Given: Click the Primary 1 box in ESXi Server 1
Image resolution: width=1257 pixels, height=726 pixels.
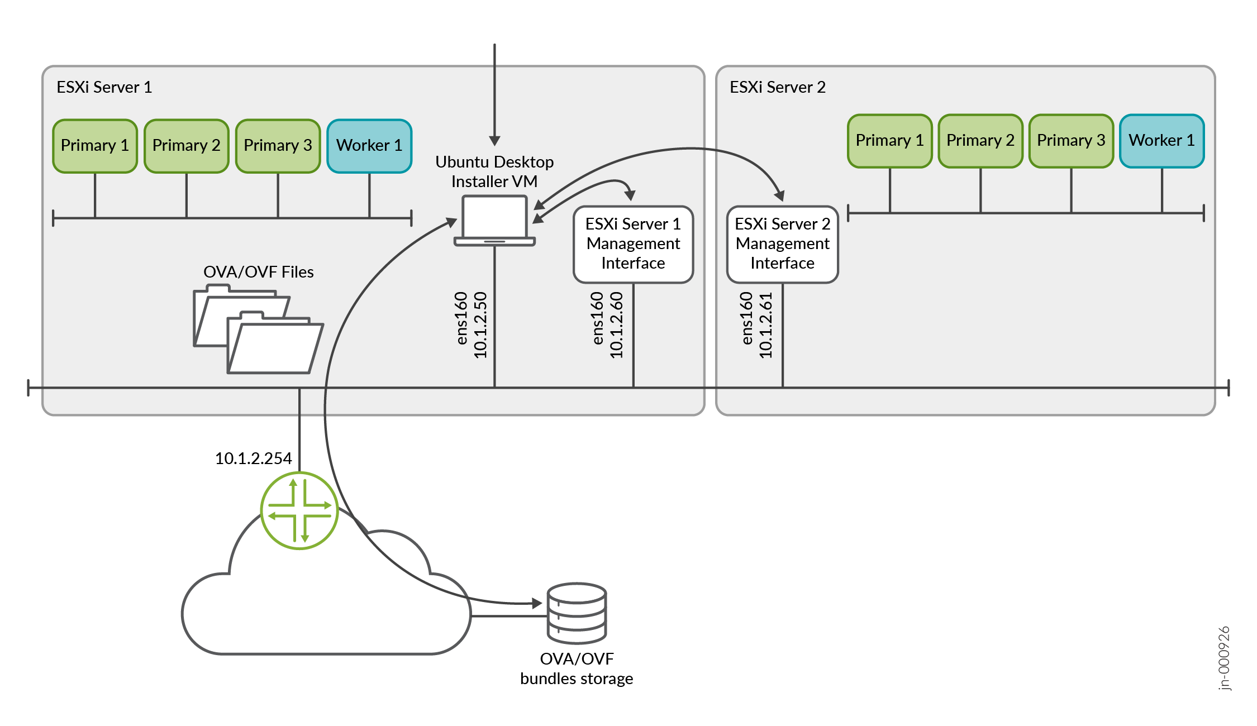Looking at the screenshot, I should pyautogui.click(x=95, y=146).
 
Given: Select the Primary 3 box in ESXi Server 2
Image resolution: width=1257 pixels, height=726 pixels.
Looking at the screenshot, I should pyautogui.click(x=1071, y=141).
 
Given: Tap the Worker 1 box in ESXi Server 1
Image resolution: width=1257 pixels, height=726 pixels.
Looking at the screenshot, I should pyautogui.click(x=369, y=146).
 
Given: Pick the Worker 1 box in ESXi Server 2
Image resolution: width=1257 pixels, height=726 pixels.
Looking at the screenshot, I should pyautogui.click(x=1161, y=141).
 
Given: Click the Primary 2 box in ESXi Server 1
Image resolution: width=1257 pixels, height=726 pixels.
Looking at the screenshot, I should pyautogui.click(x=187, y=146).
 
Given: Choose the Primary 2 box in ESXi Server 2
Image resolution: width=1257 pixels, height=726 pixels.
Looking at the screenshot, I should pyautogui.click(x=980, y=141).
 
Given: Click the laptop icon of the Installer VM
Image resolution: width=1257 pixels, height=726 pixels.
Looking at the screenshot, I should pyautogui.click(x=494, y=221).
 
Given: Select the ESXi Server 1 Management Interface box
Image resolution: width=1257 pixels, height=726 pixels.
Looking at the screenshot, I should pyautogui.click(x=633, y=244).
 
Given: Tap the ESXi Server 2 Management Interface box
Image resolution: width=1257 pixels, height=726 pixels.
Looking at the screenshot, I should pyautogui.click(x=782, y=244).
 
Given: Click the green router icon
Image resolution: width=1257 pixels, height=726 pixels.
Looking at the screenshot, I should pyautogui.click(x=299, y=510).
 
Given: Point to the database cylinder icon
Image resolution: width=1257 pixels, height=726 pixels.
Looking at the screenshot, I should pyautogui.click(x=577, y=613).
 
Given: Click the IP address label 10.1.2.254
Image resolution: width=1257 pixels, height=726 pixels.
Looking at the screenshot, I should pyautogui.click(x=253, y=458).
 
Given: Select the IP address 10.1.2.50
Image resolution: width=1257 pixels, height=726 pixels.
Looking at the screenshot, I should pyautogui.click(x=480, y=324).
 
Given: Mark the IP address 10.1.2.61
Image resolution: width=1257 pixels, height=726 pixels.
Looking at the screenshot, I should pyautogui.click(x=765, y=324).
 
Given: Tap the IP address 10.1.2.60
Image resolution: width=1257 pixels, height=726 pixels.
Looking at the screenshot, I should pyautogui.click(x=616, y=324).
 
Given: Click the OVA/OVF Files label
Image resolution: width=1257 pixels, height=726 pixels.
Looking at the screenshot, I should pyautogui.click(x=258, y=272).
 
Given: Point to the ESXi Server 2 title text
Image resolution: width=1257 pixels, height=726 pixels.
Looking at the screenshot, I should pyautogui.click(x=777, y=87).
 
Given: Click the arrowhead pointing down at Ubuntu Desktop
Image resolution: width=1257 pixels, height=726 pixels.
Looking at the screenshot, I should pyautogui.click(x=494, y=140).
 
